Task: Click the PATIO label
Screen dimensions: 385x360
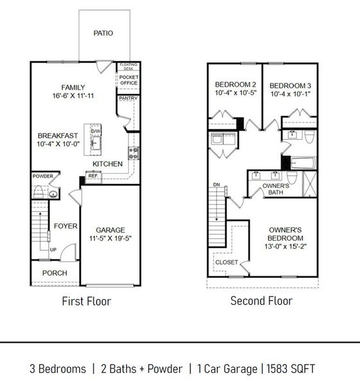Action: point(103,33)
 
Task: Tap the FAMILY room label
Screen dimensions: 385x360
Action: point(73,88)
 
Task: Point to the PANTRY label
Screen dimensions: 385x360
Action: point(128,98)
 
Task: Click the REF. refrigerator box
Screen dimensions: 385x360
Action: point(92,175)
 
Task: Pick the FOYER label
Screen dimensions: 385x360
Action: point(65,226)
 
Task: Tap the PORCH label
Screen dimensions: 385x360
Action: point(55,273)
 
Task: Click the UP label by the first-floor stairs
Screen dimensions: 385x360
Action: point(53,250)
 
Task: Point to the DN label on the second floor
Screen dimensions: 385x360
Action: point(217,185)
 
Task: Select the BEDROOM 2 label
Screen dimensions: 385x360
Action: point(235,85)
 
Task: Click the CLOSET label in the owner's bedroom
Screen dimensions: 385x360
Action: point(227,262)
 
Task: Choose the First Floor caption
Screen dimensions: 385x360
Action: point(86,301)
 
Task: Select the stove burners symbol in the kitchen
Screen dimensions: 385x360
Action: point(134,153)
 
